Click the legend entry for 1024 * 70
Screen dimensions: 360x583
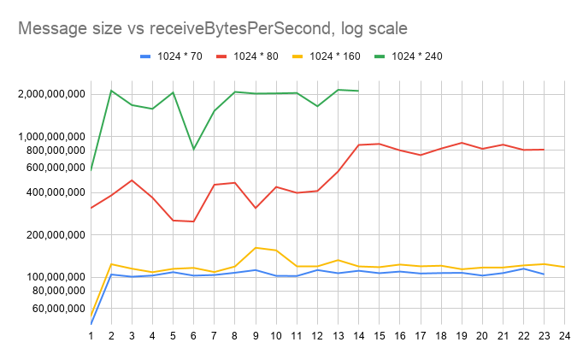coord(179,57)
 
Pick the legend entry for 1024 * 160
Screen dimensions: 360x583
coord(334,57)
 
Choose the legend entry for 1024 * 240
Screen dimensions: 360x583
coord(416,57)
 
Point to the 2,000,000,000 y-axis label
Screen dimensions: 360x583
coord(50,94)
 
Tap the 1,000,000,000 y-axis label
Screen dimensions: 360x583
coord(50,137)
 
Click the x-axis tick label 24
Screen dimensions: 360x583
coord(564,336)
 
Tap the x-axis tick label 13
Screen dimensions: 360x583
coord(338,336)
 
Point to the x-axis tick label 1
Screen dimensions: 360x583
coord(91,336)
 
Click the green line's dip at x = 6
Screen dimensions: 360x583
coord(194,149)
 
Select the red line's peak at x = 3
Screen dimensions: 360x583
coord(132,180)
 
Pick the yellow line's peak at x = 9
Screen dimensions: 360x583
coord(256,248)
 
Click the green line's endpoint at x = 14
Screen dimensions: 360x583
coord(358,91)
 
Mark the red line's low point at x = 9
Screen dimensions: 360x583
coord(256,208)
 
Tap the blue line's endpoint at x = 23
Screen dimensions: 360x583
coord(544,274)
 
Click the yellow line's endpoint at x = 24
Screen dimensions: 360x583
coord(564,267)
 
